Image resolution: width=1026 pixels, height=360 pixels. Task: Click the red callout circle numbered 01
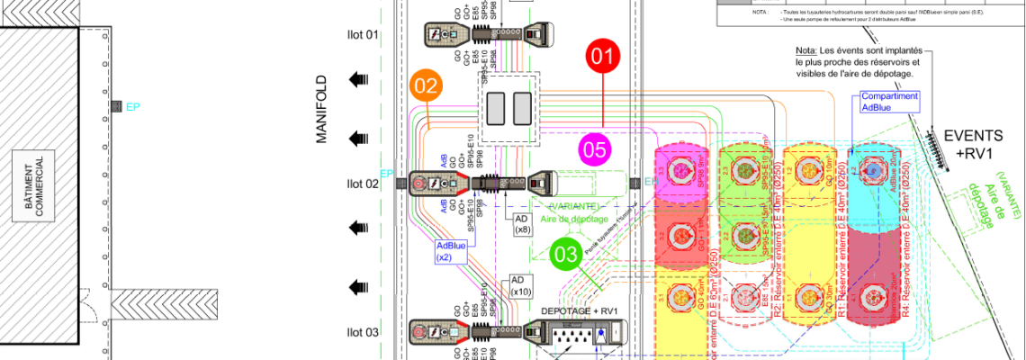coord(604,56)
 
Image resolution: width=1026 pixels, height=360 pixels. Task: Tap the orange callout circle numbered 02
coord(427,86)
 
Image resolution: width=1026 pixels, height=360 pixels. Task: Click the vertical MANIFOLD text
coord(324,109)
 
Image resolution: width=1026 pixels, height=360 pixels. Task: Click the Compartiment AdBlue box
coord(865,102)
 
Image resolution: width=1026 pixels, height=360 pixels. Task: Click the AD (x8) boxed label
coord(522,224)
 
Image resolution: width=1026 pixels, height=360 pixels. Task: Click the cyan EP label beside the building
coord(133,107)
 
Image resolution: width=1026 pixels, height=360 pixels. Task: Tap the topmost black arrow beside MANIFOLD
coord(360,79)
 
